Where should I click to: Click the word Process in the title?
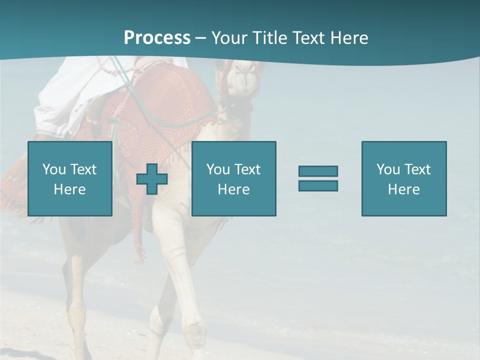click(157, 38)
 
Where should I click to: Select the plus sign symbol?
click(152, 179)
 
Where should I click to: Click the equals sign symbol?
click(318, 178)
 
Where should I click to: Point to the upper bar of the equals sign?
click(318, 171)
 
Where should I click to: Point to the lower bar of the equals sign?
click(318, 185)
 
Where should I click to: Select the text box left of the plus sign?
click(70, 179)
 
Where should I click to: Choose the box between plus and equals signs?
click(234, 179)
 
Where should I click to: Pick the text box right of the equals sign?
click(404, 179)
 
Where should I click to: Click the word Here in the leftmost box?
click(70, 189)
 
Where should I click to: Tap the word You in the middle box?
click(218, 169)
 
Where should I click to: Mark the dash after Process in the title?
click(201, 38)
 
